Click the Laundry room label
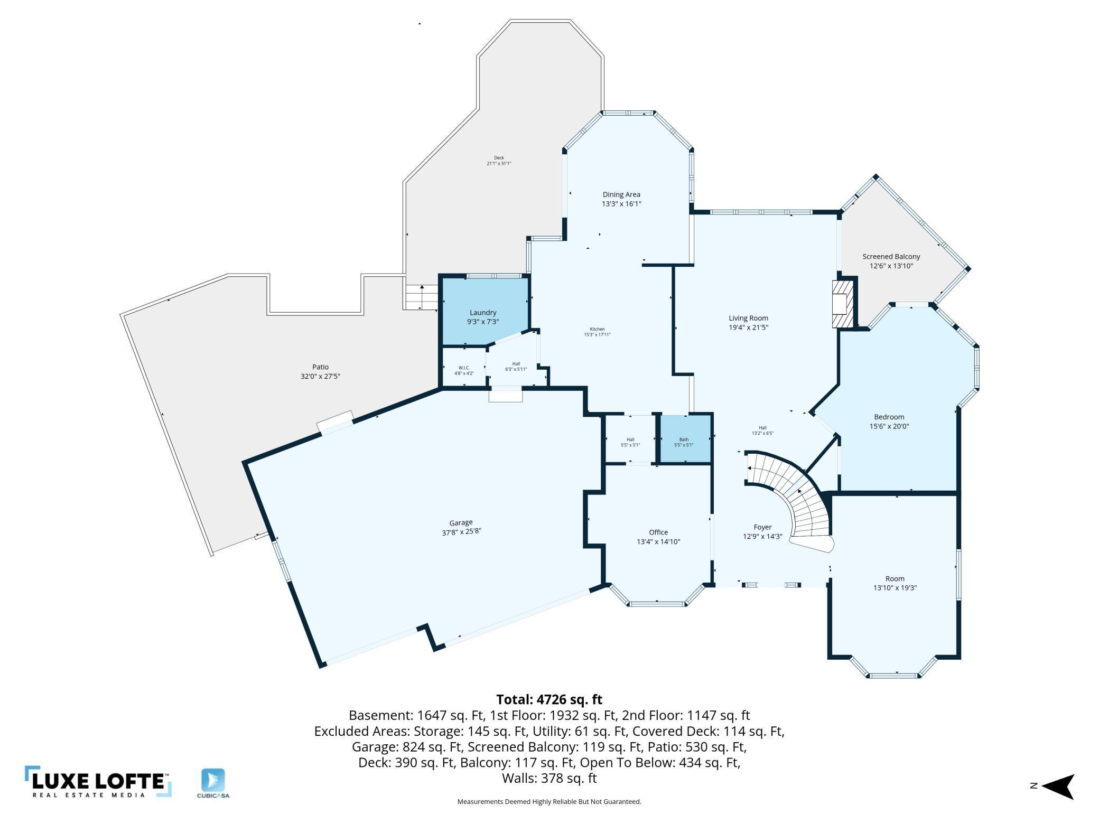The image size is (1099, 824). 482,313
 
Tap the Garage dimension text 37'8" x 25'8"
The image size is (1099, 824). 461,532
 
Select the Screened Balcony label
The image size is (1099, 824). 891,257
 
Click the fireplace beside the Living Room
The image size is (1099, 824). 843,304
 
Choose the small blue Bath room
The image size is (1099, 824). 684,439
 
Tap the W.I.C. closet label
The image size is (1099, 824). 464,368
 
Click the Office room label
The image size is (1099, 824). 658,532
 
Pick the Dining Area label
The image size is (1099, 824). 621,194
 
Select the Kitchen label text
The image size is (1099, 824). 597,329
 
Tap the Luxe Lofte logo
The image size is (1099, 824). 98,781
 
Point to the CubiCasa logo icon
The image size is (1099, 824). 213,780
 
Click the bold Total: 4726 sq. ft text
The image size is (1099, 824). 549,699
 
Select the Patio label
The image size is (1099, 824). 320,367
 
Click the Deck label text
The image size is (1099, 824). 499,157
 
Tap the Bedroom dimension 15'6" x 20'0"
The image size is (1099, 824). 889,426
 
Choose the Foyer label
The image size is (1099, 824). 762,527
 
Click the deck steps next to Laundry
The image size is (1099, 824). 421,297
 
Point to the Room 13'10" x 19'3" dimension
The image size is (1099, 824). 895,587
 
